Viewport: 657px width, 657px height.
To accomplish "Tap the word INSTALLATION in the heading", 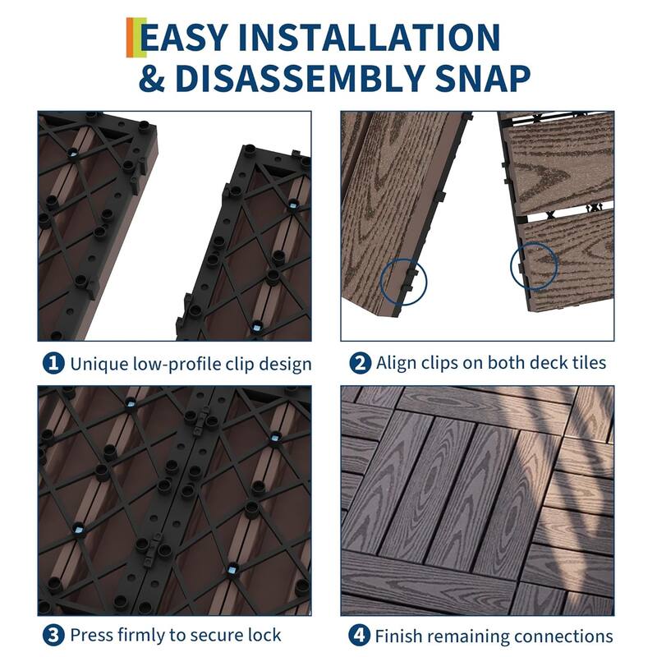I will point(375,38).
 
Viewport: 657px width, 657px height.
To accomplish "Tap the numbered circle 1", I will point(53,363).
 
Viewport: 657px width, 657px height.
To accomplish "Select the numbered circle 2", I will point(359,363).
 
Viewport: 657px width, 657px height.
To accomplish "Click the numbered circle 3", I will point(53,635).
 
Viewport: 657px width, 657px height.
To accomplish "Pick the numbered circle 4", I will point(359,635).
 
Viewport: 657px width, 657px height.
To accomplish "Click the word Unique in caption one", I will point(99,363).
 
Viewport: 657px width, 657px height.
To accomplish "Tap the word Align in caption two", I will point(396,363).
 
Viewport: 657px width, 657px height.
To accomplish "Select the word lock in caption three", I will point(264,635).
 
